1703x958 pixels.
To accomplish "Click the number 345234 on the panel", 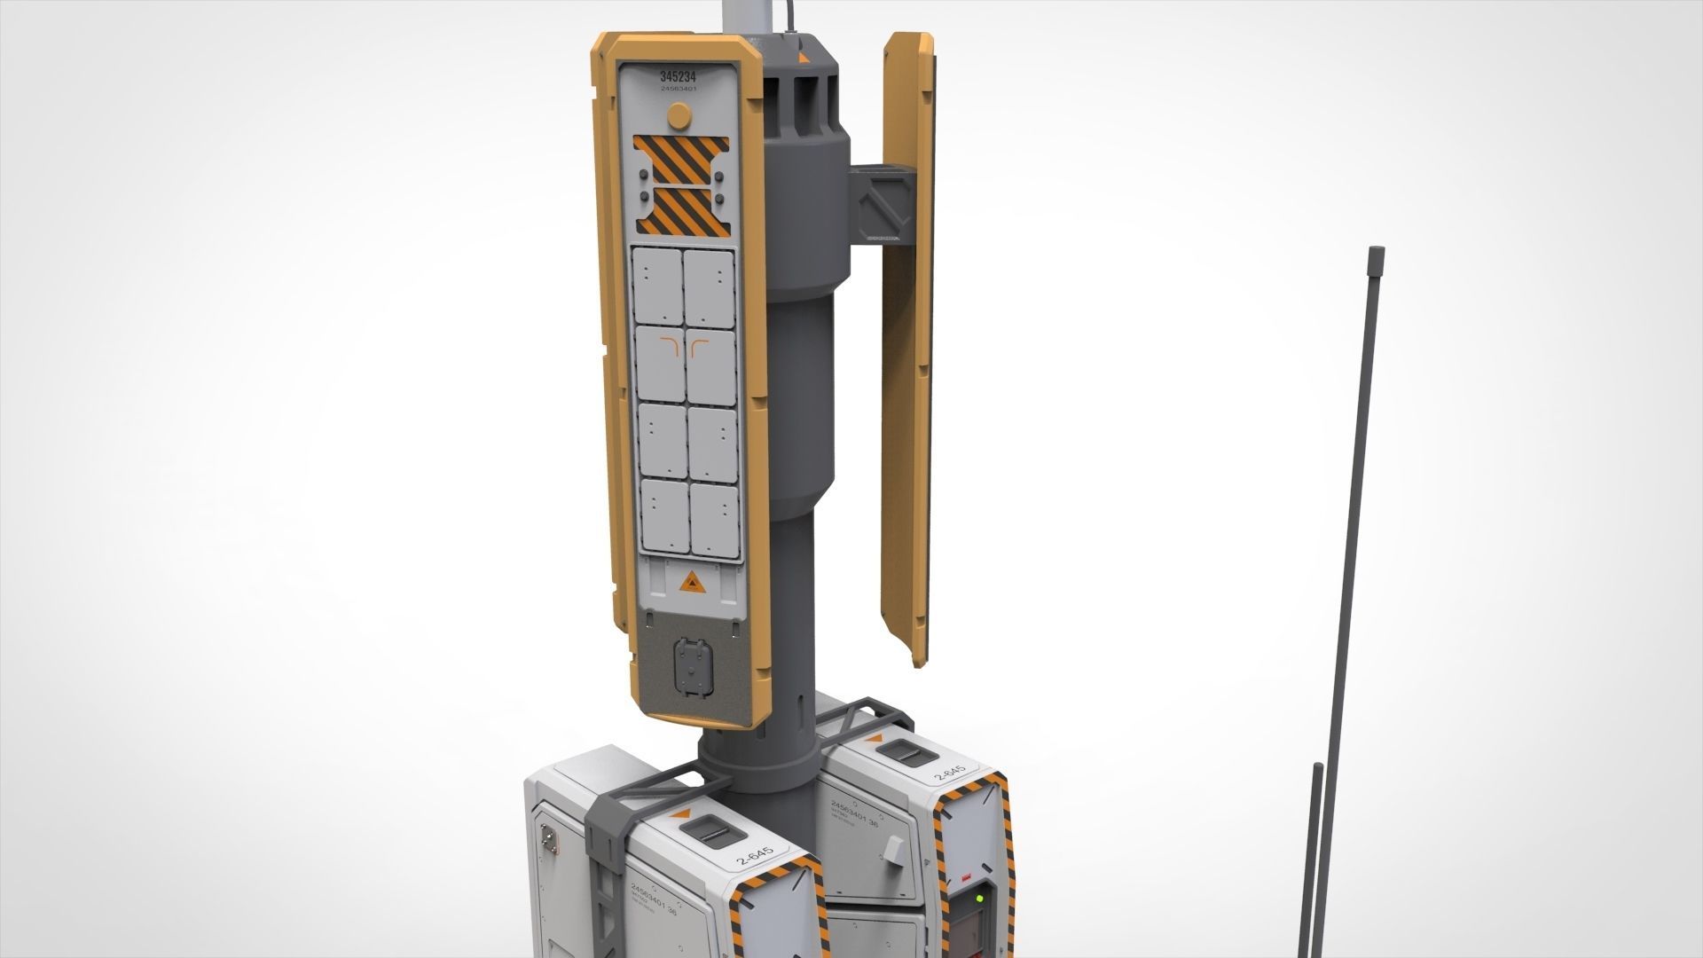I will (679, 76).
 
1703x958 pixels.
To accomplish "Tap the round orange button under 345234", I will (678, 115).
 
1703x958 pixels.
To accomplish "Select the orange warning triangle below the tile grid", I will (689, 583).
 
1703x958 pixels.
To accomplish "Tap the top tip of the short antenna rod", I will (1318, 765).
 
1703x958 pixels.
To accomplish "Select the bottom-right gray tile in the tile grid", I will (714, 522).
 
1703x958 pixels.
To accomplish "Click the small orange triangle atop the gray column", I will (804, 58).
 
